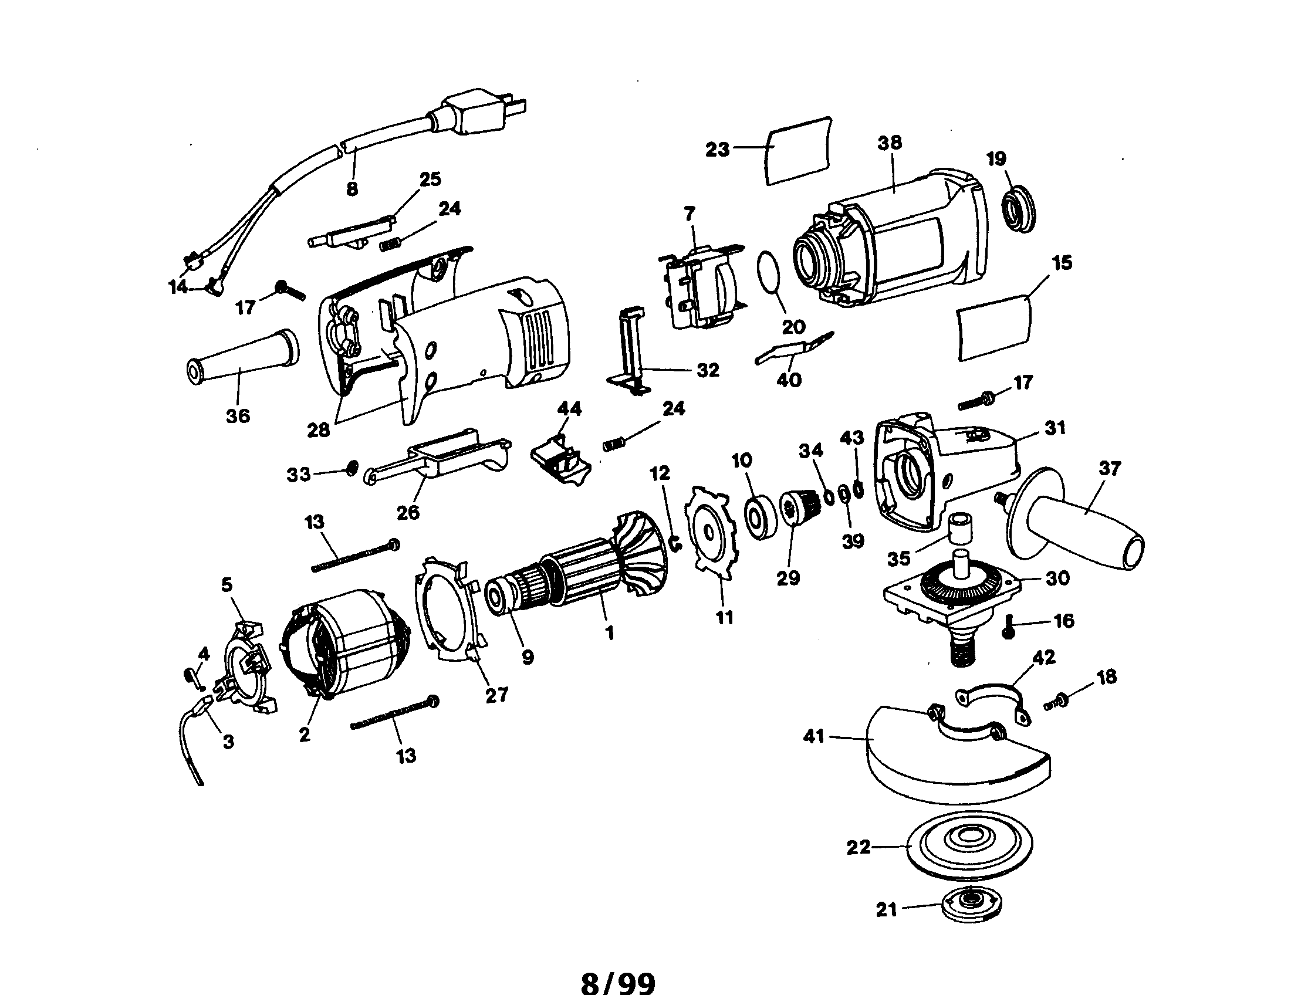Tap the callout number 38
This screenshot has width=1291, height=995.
(890, 143)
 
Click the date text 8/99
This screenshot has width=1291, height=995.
(619, 968)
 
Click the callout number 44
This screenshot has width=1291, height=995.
(569, 409)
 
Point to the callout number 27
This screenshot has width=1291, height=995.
(496, 695)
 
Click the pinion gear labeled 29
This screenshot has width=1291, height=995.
(798, 509)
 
